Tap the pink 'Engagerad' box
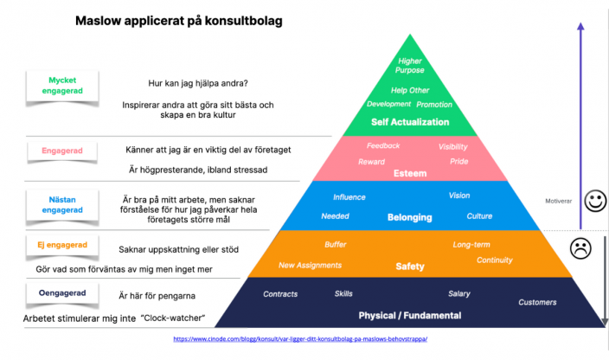tap(61, 151)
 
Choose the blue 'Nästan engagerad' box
tap(61, 203)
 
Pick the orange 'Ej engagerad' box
tap(60, 246)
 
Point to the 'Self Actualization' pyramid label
tap(410, 122)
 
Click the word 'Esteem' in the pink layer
tap(410, 173)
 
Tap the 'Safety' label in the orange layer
tap(410, 266)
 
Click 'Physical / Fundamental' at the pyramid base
tap(411, 315)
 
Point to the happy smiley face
tap(595, 202)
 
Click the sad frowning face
tap(580, 250)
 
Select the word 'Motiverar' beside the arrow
tap(559, 201)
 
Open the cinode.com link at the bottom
tap(300, 339)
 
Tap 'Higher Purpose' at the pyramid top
tap(410, 66)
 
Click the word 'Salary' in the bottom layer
tap(458, 293)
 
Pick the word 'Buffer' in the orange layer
tap(335, 245)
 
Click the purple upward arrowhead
tap(580, 29)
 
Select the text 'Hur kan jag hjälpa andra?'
tap(198, 83)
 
